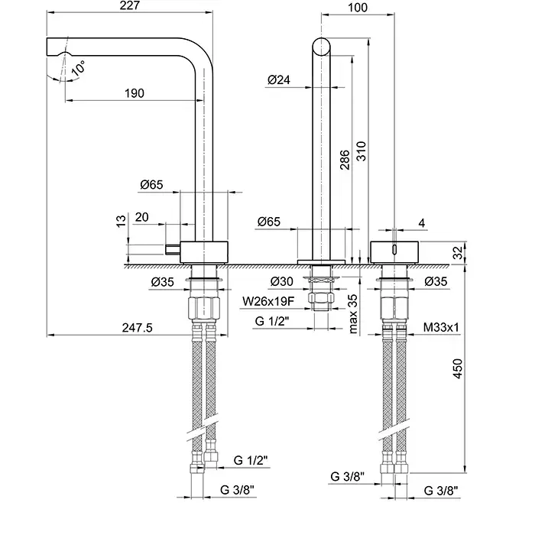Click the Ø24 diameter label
pyautogui.click(x=279, y=80)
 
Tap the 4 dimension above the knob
pyautogui.click(x=421, y=223)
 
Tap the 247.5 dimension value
pyautogui.click(x=138, y=328)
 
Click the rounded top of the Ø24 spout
pyautogui.click(x=321, y=42)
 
